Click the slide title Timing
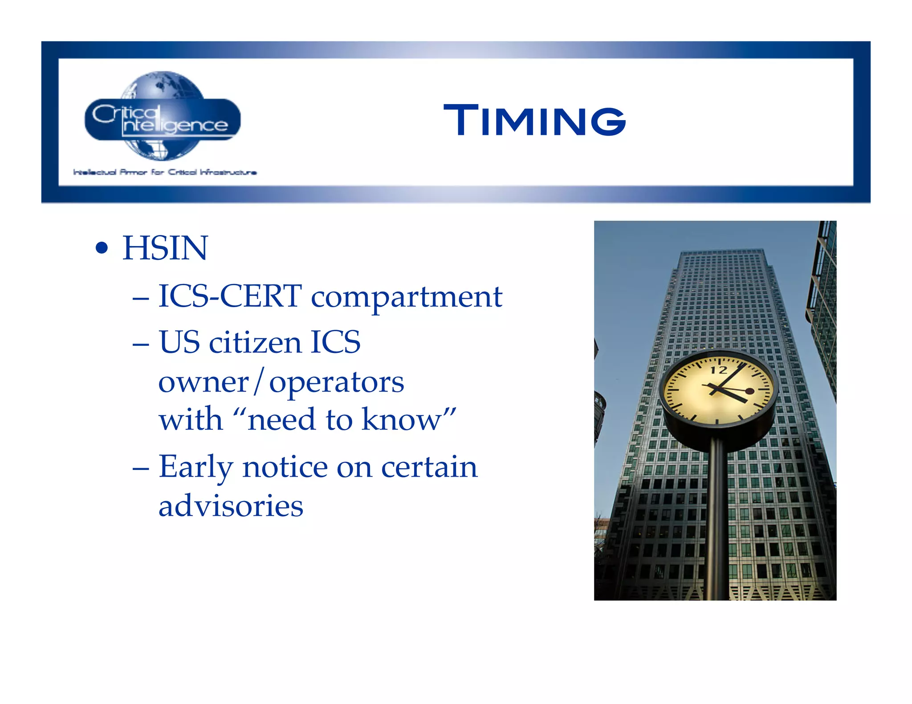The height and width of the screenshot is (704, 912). click(534, 120)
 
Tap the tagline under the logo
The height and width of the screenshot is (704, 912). click(165, 172)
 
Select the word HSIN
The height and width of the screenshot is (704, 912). click(165, 248)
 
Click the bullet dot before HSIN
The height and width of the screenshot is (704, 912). click(102, 248)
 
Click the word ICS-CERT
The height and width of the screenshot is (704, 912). click(230, 296)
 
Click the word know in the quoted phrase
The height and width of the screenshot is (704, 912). click(401, 420)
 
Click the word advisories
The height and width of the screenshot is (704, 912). click(231, 506)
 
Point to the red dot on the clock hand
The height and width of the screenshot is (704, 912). click(750, 391)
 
